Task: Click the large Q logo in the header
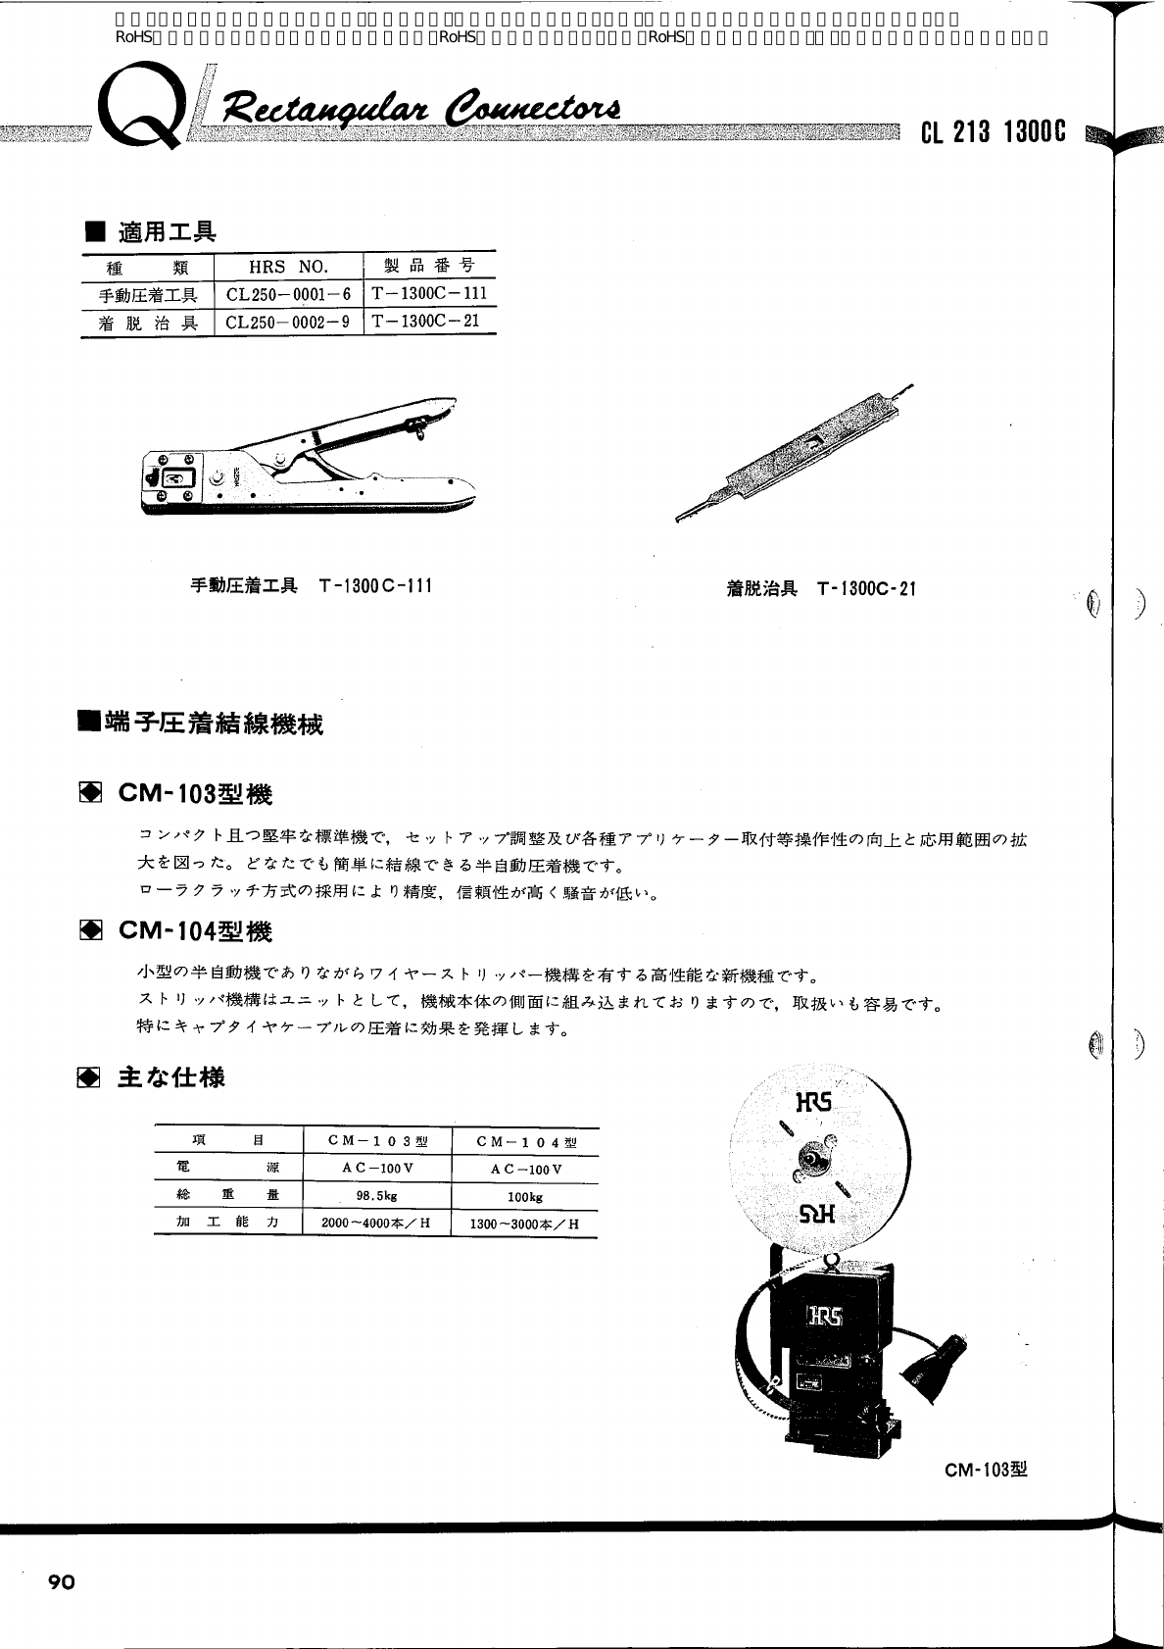145,112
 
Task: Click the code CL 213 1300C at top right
993,132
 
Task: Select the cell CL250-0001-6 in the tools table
287,294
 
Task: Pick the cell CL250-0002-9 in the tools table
287,322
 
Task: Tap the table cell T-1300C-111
429,293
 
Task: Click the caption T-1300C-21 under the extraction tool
866,589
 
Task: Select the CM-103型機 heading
195,794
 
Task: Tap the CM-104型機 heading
195,930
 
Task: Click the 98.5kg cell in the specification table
376,1196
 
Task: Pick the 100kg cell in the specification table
525,1197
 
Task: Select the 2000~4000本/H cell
376,1224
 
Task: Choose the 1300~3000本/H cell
525,1224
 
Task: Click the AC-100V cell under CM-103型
377,1169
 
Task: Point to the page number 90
61,1582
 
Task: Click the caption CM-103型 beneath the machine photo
987,1470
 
